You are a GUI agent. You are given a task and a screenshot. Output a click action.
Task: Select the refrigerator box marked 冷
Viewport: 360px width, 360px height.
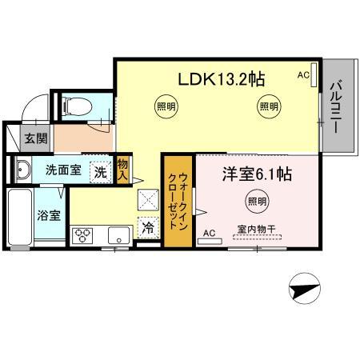[148, 227]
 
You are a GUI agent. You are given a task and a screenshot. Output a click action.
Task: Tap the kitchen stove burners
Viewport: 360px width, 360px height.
[82, 236]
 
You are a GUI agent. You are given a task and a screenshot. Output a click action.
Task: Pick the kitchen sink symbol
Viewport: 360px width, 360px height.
[118, 236]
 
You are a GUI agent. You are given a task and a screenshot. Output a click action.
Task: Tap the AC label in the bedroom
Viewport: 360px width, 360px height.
[210, 233]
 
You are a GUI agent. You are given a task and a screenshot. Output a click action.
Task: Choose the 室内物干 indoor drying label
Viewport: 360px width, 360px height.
[256, 230]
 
